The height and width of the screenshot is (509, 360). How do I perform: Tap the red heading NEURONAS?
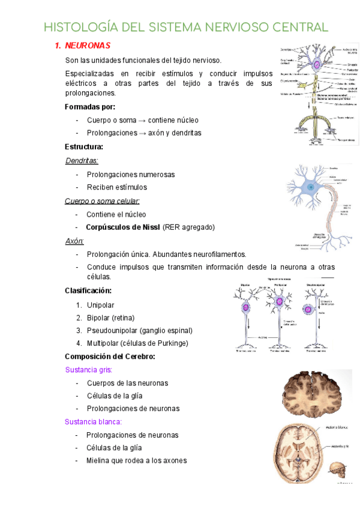(x=87, y=46)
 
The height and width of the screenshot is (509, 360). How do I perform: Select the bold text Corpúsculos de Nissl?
(x=123, y=227)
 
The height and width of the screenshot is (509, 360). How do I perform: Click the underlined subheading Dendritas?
(x=82, y=160)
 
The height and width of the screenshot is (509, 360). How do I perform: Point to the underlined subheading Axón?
(x=74, y=241)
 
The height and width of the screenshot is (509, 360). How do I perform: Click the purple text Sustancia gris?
(x=88, y=370)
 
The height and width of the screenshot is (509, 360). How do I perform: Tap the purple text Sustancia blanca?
(x=93, y=421)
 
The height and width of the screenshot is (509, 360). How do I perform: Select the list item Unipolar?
(x=100, y=305)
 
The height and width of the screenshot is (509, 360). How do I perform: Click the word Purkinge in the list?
(x=170, y=343)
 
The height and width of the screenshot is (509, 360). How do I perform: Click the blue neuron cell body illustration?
(x=311, y=187)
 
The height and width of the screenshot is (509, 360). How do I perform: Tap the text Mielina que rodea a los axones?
(x=137, y=460)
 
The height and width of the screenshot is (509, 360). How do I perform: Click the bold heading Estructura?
(x=84, y=146)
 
